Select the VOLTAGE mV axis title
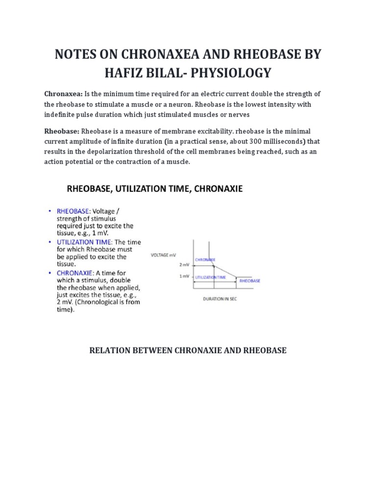[x=164, y=254]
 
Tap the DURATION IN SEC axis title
[x=220, y=299]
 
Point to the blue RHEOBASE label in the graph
[x=250, y=281]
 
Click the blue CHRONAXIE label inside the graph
[x=205, y=259]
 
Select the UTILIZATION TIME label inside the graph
[x=211, y=277]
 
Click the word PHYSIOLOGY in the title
[x=230, y=73]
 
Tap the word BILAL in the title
[x=153, y=73]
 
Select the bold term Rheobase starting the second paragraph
[x=62, y=132]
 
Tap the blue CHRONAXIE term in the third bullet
[x=75, y=272]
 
